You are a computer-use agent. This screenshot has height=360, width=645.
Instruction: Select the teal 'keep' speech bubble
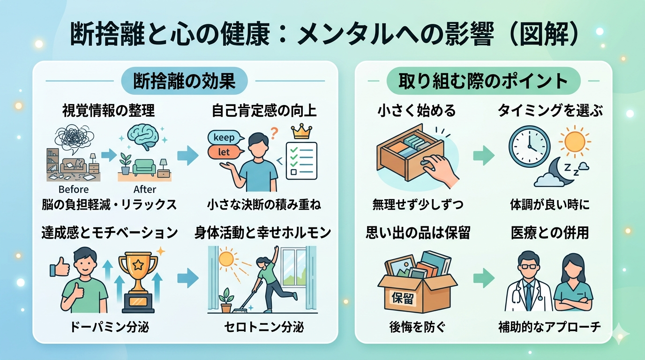pos(225,138)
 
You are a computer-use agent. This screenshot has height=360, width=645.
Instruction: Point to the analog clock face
pos(529,146)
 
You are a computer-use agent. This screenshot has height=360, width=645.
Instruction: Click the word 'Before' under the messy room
pos(74,189)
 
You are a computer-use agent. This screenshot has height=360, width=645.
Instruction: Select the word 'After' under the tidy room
pos(145,189)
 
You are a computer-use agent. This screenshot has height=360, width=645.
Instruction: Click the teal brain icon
pos(145,136)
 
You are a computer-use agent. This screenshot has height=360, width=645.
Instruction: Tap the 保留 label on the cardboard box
pos(403,298)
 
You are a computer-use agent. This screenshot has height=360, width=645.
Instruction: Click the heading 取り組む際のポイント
pos(483,82)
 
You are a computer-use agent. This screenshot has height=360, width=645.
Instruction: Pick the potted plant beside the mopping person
pos(226,300)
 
